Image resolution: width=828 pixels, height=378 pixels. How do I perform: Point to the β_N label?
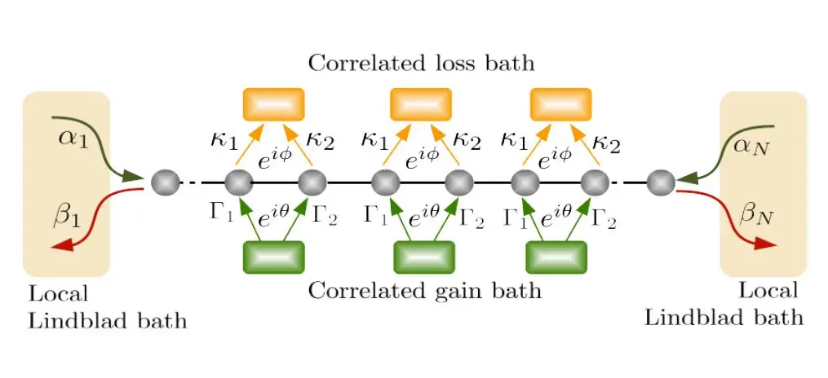(x=755, y=215)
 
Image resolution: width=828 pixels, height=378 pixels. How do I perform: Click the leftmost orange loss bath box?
(x=273, y=104)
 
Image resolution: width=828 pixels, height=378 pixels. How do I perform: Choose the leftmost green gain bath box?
(x=273, y=257)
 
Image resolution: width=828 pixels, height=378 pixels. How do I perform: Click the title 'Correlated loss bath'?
(x=420, y=64)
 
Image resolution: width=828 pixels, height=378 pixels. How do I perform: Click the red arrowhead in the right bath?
(x=764, y=244)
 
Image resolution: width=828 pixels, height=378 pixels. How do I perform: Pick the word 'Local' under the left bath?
(x=58, y=294)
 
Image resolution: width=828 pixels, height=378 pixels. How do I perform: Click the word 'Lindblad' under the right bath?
(x=690, y=316)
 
